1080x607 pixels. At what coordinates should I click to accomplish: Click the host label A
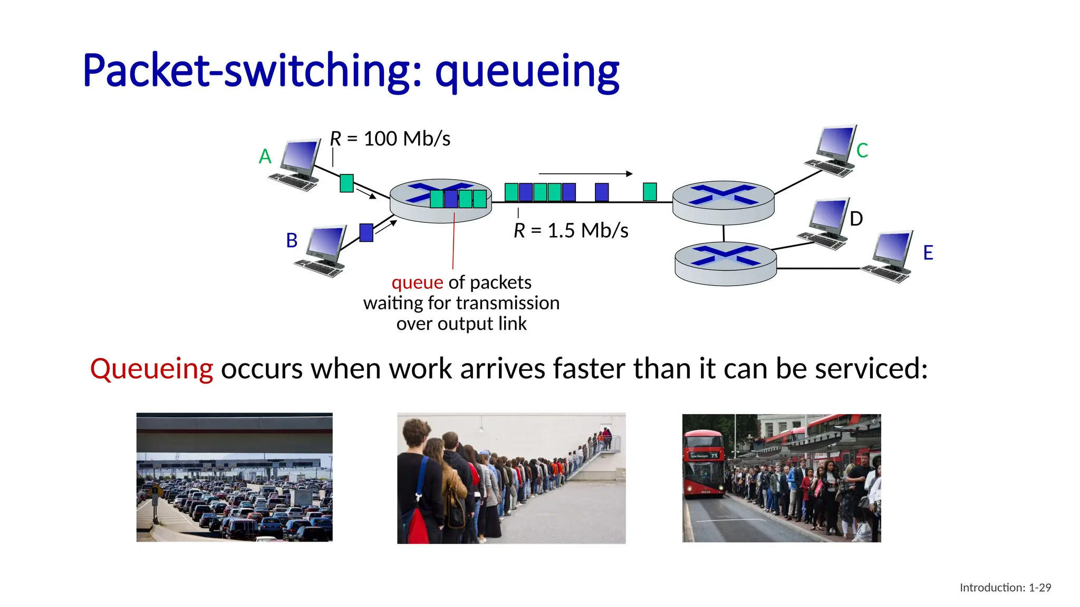(x=265, y=156)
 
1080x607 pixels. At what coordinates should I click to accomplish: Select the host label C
(x=862, y=151)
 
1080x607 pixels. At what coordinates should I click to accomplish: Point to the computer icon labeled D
(x=825, y=223)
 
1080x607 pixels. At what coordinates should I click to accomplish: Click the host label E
(x=928, y=253)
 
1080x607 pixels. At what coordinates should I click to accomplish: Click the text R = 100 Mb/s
(x=390, y=139)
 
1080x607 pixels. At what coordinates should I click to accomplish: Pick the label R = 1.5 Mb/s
(x=571, y=231)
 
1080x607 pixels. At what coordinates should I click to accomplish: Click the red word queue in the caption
(x=417, y=282)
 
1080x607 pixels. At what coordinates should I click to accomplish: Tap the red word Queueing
(x=151, y=368)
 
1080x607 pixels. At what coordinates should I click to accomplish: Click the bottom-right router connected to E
(x=726, y=263)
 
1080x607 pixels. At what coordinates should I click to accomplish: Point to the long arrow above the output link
(x=585, y=173)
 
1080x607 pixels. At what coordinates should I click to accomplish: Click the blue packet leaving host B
(x=366, y=232)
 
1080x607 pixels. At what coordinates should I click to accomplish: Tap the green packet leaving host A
(x=346, y=183)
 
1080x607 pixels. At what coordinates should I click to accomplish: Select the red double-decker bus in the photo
(x=703, y=464)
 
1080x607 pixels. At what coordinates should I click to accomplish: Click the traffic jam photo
(x=234, y=477)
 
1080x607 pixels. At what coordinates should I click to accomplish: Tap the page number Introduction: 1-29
(x=1005, y=588)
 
